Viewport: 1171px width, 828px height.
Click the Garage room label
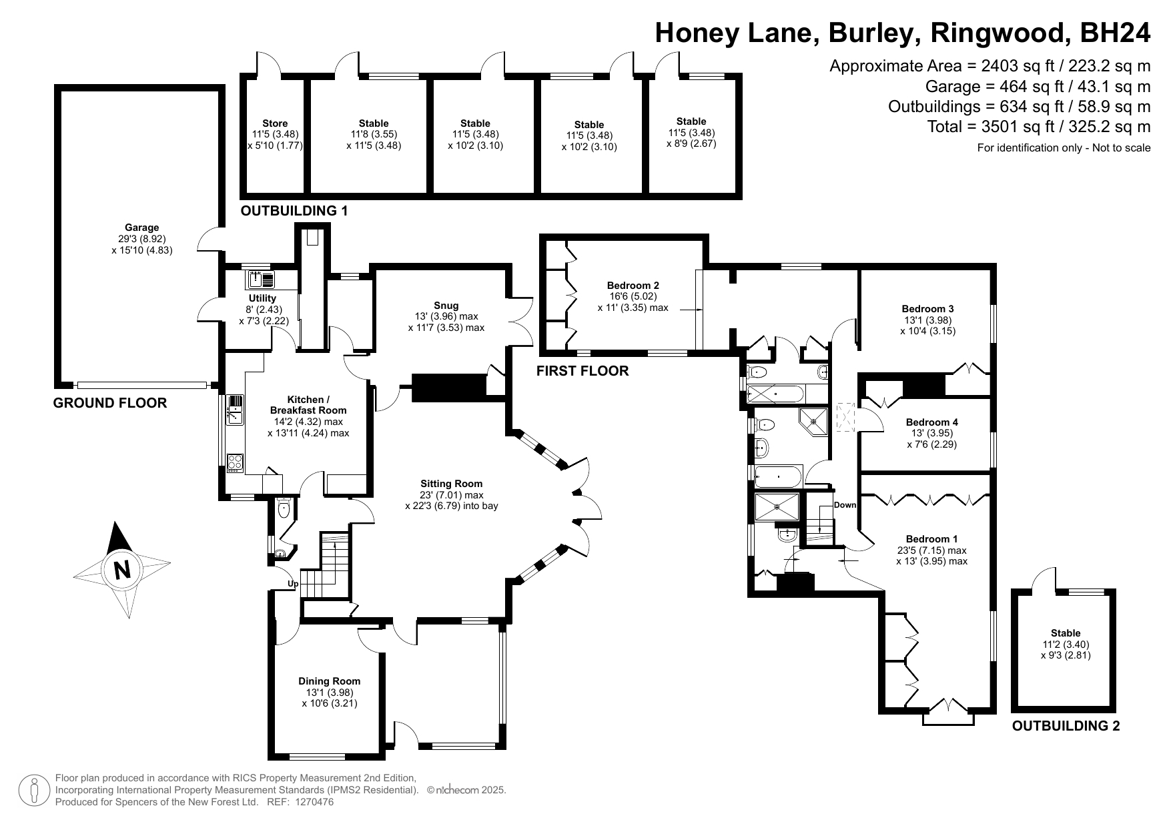(142, 228)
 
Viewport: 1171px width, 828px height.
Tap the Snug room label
(446, 306)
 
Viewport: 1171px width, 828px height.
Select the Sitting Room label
(451, 484)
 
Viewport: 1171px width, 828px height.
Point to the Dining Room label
(329, 681)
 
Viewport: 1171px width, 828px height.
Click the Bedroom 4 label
(931, 422)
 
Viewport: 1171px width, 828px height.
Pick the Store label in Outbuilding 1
(275, 123)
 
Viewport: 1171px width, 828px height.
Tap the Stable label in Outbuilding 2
(1066, 633)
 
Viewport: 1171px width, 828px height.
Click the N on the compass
(121, 570)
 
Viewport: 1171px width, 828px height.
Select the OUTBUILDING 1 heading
(294, 211)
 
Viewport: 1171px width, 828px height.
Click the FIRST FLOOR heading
(582, 371)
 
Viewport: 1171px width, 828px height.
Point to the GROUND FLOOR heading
(110, 403)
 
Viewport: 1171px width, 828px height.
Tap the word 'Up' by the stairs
(292, 584)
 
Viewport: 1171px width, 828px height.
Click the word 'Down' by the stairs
(845, 505)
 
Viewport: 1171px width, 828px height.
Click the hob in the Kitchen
(236, 462)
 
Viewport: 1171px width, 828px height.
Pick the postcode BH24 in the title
(1116, 32)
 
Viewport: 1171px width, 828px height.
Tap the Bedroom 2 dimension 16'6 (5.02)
(633, 296)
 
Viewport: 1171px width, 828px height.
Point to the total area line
(1039, 127)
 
